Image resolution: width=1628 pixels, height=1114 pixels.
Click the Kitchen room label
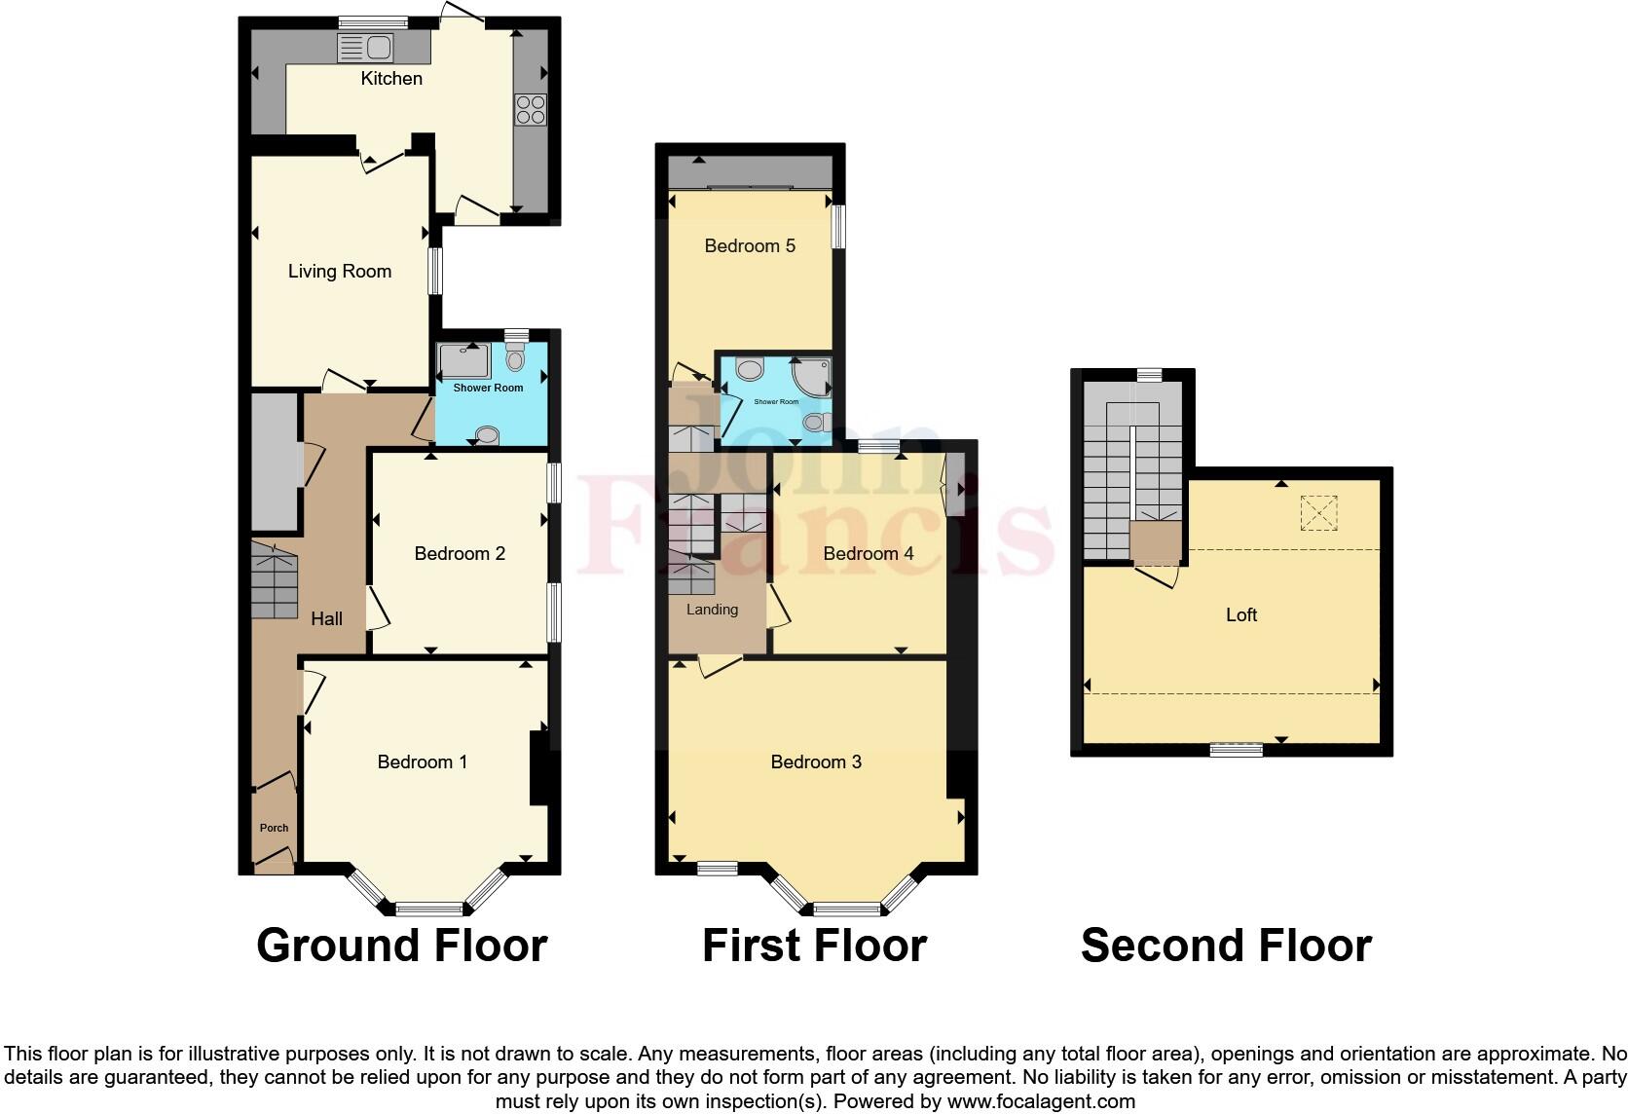tap(391, 79)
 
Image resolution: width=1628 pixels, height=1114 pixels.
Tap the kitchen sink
tap(364, 47)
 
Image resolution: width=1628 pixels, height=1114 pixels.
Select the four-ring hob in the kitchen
tap(531, 109)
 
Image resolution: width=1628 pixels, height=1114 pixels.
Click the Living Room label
tap(340, 272)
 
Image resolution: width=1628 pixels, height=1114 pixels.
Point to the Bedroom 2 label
tap(460, 554)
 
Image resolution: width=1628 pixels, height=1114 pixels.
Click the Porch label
tap(274, 828)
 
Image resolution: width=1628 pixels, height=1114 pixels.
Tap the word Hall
tap(326, 618)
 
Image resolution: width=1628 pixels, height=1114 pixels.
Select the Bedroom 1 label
tap(422, 762)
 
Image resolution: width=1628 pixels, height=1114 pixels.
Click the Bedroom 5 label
tap(750, 246)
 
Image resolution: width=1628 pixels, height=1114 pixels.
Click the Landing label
tap(712, 610)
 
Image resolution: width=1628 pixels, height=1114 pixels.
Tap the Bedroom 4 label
tap(868, 554)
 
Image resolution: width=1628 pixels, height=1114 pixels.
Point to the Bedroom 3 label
tap(816, 762)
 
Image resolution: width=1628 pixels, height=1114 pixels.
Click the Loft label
tap(1241, 615)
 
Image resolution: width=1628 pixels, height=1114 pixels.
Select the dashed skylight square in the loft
tap(1318, 513)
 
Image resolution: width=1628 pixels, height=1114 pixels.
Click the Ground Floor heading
tap(401, 946)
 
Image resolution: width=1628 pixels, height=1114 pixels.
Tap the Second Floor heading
tap(1226, 946)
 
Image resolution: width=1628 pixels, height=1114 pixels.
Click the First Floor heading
tap(814, 946)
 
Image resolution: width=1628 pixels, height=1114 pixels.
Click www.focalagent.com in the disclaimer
tap(1041, 1102)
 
